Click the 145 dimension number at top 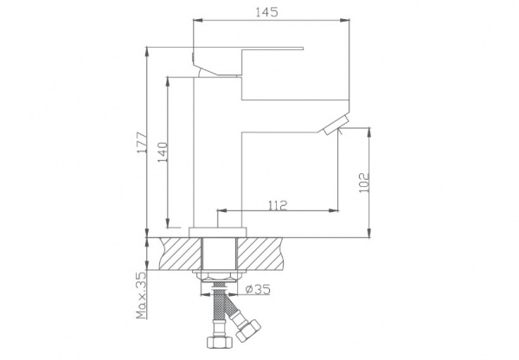(x=266, y=12)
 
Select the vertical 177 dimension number (x=142, y=143)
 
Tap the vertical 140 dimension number (x=163, y=152)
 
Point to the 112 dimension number (x=278, y=206)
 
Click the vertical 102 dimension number (x=364, y=182)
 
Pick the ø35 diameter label (x=258, y=289)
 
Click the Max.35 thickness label (x=142, y=295)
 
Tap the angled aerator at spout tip (x=336, y=125)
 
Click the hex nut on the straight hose (x=217, y=342)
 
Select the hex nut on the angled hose (x=248, y=330)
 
